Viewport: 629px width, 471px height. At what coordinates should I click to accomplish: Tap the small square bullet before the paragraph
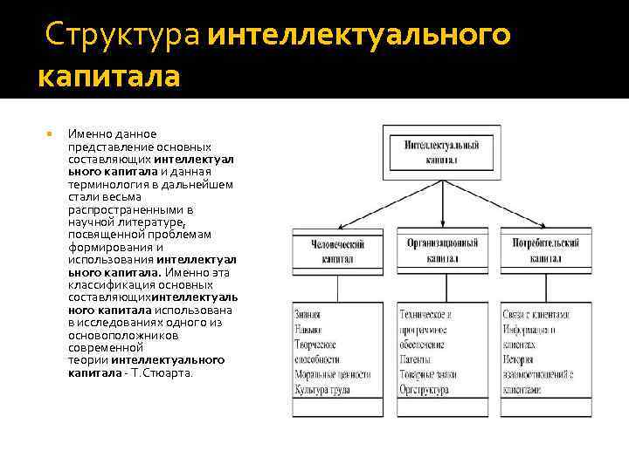[x=50, y=134]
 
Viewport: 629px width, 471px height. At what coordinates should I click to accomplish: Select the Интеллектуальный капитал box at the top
[x=442, y=152]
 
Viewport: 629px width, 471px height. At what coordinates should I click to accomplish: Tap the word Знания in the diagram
[x=308, y=315]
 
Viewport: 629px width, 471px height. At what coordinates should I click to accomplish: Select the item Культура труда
[x=324, y=390]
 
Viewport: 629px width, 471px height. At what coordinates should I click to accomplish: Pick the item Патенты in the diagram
[x=416, y=359]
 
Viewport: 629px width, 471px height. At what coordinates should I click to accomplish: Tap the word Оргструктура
[x=425, y=390]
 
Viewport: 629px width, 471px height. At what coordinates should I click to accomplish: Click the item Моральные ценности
[x=334, y=375]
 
